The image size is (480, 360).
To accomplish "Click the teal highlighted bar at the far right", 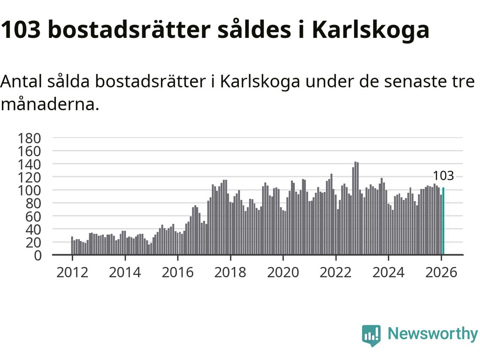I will pos(443,221).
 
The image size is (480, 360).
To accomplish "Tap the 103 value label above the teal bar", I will pos(443,175).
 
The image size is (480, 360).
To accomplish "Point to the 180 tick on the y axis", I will pos(29,138).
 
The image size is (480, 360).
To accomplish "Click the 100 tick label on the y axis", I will pos(29,190).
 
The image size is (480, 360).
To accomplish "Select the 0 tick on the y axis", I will pos(37,255).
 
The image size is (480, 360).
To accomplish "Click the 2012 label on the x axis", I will pos(72,272).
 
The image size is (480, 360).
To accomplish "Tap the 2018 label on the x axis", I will pos(230,272).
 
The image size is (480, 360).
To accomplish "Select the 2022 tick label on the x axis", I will pos(336,272).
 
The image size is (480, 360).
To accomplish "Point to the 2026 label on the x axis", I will pos(441,272).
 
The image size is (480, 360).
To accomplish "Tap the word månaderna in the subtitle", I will pos(49,105).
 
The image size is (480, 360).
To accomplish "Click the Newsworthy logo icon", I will pos(371,334).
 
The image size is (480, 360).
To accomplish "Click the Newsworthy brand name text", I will pos(432,333).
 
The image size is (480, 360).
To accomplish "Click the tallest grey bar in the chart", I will pos(355,208).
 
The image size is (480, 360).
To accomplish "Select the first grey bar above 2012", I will pos(72,246).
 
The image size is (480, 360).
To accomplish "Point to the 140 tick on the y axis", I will pos(29,164).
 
